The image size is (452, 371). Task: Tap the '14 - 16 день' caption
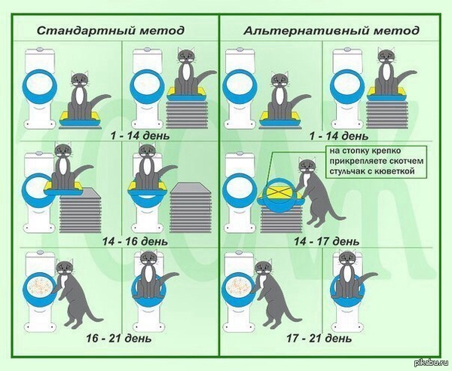(x=135, y=241)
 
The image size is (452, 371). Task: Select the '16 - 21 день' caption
(x=119, y=338)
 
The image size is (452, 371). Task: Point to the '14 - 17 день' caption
(x=327, y=241)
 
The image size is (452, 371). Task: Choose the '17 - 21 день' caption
(x=319, y=338)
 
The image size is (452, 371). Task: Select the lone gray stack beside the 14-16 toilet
(x=191, y=207)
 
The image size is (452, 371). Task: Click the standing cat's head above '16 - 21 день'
(x=64, y=268)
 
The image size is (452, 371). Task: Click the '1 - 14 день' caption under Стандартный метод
(x=140, y=136)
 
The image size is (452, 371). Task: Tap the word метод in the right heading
(x=396, y=31)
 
